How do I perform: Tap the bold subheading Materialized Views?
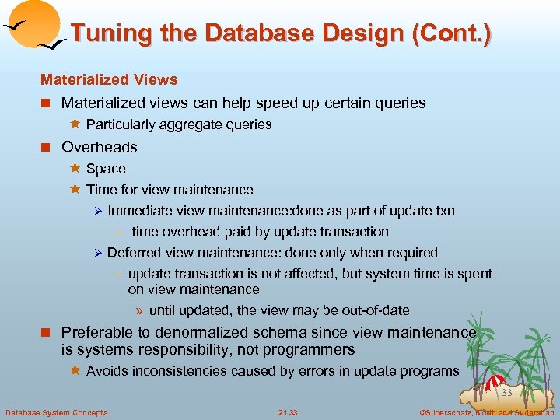(x=109, y=79)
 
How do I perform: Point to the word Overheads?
(x=99, y=147)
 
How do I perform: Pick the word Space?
(x=106, y=169)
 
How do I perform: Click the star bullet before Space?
(x=76, y=168)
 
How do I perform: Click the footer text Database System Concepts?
(x=56, y=411)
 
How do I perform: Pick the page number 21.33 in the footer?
(x=287, y=411)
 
